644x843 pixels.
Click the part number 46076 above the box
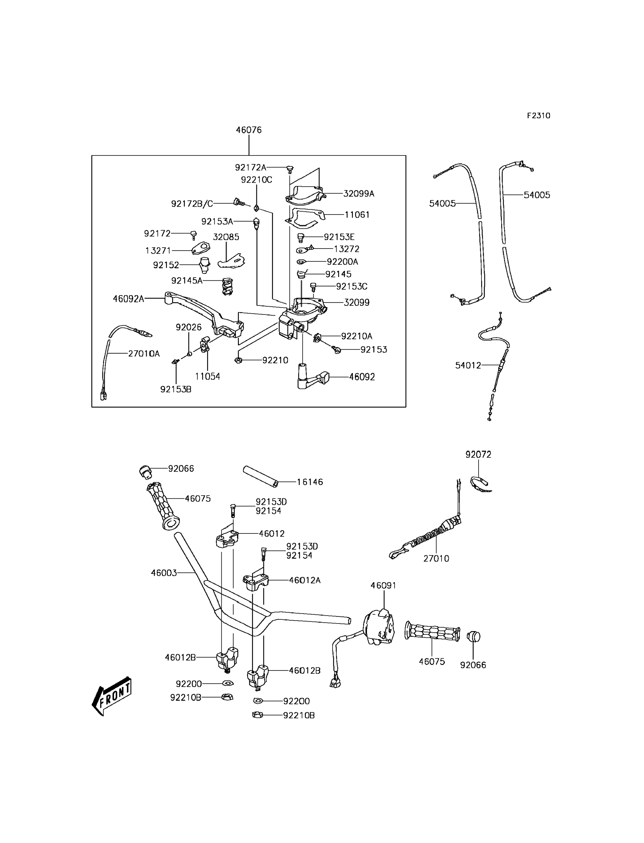coord(249,130)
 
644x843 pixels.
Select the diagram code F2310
coord(539,116)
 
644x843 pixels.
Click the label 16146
coord(310,482)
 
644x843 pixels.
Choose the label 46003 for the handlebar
coord(164,573)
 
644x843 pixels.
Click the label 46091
coord(383,586)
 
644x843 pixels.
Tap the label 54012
coord(468,366)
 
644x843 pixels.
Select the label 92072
coord(478,455)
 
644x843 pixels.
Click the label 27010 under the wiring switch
coord(436,559)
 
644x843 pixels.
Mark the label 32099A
coord(359,194)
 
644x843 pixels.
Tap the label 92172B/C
coord(192,204)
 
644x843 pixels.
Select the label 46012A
coord(305,580)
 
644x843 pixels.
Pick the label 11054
coord(207,377)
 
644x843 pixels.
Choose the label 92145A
coord(187,281)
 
